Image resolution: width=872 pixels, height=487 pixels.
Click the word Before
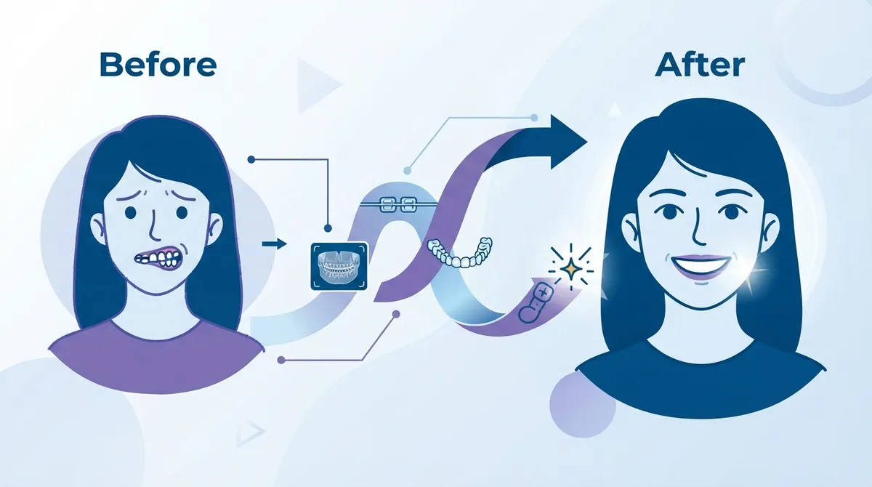[158, 65]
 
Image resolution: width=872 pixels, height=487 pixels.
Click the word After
[700, 65]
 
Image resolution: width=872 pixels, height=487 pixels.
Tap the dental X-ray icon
[339, 266]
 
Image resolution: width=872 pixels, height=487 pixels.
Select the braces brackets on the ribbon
[397, 204]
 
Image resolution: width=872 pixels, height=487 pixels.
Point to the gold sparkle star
[571, 269]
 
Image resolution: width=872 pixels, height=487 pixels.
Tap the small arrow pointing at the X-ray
[275, 244]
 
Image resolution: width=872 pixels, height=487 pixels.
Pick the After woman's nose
[699, 230]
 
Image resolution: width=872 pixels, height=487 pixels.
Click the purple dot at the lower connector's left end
[281, 360]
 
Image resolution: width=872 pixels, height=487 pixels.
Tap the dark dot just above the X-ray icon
[328, 228]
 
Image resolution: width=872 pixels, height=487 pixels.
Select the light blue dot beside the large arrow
[408, 170]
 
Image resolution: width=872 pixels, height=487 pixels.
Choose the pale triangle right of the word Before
[318, 86]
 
